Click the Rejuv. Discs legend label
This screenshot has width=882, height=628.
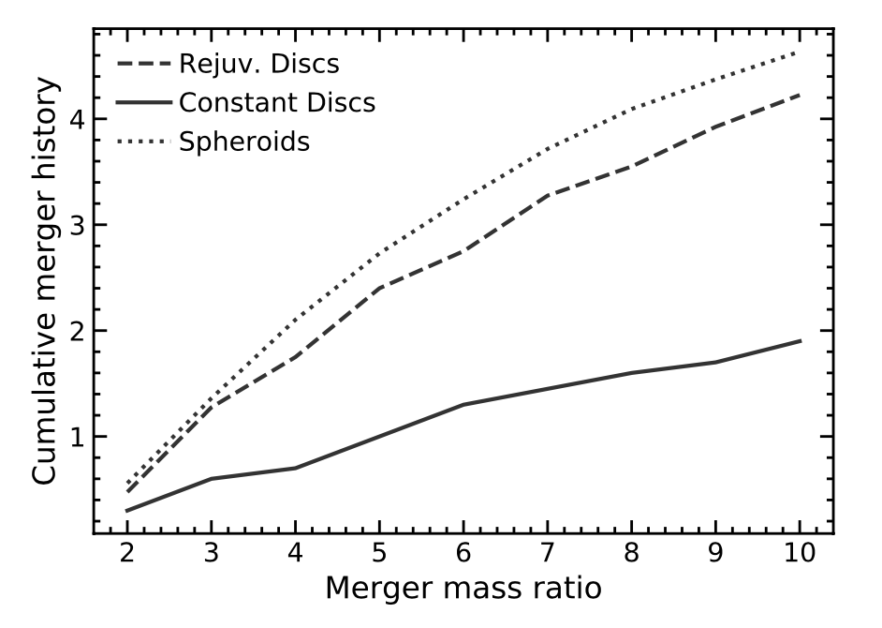(259, 65)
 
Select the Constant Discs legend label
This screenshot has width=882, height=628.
(277, 103)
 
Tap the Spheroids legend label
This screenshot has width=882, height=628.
(244, 142)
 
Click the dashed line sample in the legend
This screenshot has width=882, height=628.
(143, 65)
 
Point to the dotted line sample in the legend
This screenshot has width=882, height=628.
(143, 142)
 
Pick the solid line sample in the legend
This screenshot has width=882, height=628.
(143, 103)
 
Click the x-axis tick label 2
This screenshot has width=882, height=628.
(127, 553)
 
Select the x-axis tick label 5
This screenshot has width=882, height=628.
(380, 553)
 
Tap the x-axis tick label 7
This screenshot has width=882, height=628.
(548, 553)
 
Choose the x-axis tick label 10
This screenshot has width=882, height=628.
(800, 553)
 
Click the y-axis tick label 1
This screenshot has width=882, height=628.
(77, 437)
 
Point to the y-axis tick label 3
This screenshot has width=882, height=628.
(77, 225)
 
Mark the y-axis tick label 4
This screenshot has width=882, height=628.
(77, 119)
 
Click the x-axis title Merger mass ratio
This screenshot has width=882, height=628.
(463, 588)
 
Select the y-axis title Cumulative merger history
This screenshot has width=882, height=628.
(45, 281)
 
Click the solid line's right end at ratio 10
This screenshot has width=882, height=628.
(800, 341)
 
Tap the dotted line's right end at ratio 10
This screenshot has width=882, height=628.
(794, 53)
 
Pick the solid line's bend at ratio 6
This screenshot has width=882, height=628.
(463, 404)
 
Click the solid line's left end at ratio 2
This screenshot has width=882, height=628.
(127, 511)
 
